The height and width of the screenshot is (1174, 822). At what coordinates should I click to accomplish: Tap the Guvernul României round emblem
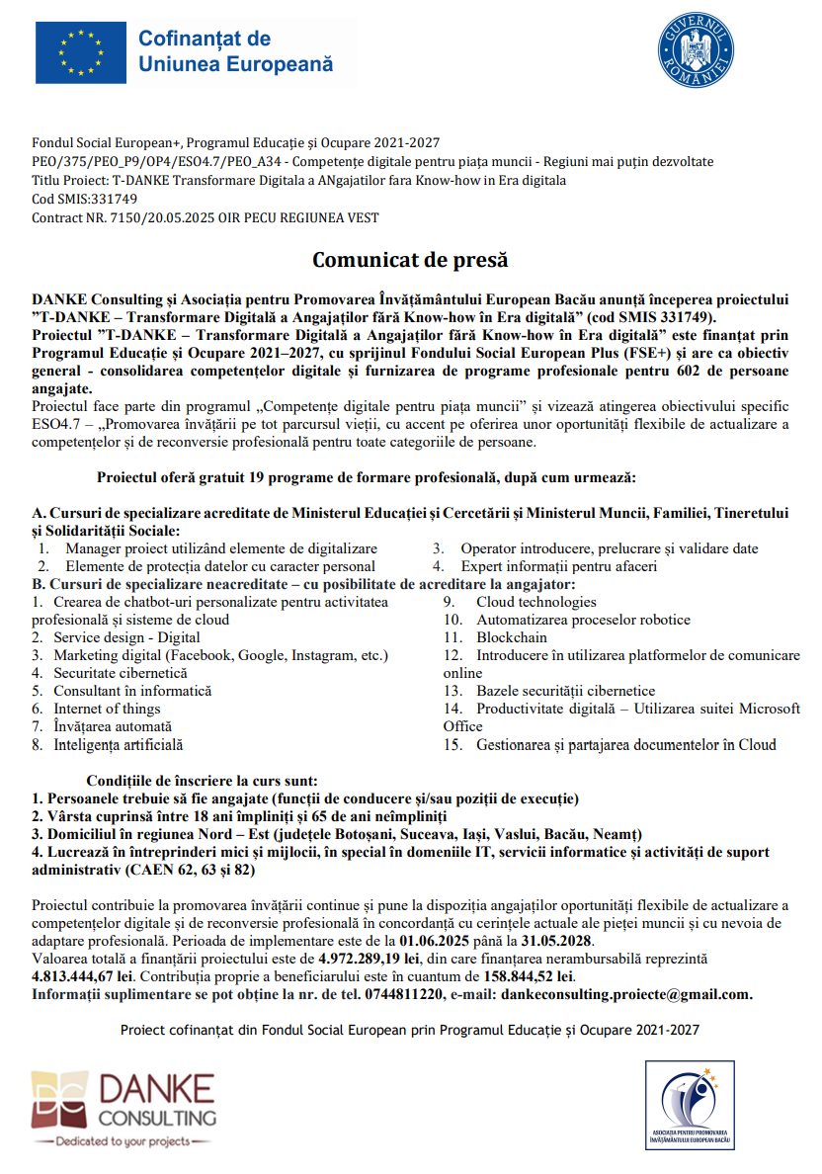[696, 51]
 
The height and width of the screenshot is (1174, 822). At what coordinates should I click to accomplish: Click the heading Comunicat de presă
[410, 261]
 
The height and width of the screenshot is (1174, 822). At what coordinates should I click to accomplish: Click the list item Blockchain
[511, 637]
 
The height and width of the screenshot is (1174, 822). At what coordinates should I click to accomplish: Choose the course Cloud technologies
[535, 602]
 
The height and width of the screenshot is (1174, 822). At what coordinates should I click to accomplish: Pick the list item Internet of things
[107, 709]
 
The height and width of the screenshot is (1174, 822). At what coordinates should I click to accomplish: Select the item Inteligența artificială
[118, 744]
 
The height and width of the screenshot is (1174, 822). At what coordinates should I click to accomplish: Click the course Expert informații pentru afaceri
[558, 566]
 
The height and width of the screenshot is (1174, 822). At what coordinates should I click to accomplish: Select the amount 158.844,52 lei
[530, 976]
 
